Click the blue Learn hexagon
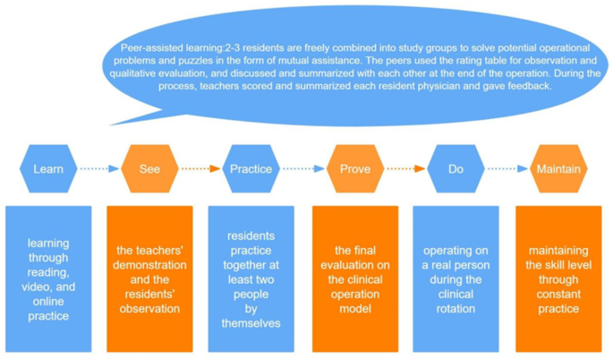click(x=48, y=168)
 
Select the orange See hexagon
click(x=149, y=168)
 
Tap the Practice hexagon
click(x=251, y=168)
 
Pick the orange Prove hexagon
click(x=354, y=168)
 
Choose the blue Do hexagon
click(x=455, y=168)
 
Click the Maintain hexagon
click(x=558, y=168)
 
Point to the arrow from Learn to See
click(x=98, y=168)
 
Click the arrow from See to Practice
click(x=200, y=168)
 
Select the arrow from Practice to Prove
click(x=302, y=168)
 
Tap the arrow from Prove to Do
click(x=405, y=168)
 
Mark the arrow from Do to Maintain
click(x=507, y=168)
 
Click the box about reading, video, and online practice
click(x=48, y=279)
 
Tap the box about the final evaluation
click(x=354, y=279)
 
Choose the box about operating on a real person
click(x=455, y=279)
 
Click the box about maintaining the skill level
click(x=558, y=279)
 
